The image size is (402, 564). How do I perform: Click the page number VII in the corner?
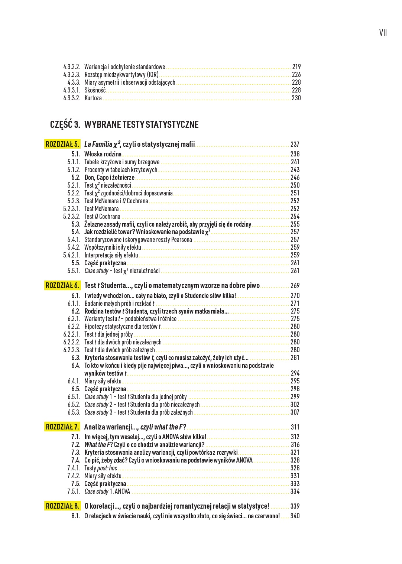pos(383,33)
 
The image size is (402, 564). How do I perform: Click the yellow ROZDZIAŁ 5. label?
pos(62,144)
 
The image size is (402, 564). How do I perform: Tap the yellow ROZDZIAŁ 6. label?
pos(62,285)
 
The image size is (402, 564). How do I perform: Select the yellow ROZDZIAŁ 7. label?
pos(62,427)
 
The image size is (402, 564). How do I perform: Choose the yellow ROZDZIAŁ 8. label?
pos(62,506)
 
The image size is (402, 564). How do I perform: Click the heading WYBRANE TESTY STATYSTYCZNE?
pos(141,124)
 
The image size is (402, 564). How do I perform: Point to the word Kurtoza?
pos(93,98)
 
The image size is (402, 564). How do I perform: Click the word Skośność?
pos(95,90)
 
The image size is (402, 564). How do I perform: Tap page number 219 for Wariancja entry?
pos(296,67)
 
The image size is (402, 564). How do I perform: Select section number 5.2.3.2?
pos(72,217)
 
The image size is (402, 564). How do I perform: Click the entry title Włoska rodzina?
pos(103,154)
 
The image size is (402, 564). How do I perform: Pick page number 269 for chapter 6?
pos(295,286)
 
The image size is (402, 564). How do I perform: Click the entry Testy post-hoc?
pos(101,468)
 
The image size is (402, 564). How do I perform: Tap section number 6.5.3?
pos(74,412)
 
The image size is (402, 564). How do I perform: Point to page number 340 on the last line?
pos(295,516)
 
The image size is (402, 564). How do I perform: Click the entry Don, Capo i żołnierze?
pos(109,178)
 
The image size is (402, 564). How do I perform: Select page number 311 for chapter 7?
pos(295,427)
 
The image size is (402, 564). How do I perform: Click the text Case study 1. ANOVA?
pos(107,492)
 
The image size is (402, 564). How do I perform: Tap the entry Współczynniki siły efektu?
pos(113,247)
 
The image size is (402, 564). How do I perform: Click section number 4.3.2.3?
pos(72,75)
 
